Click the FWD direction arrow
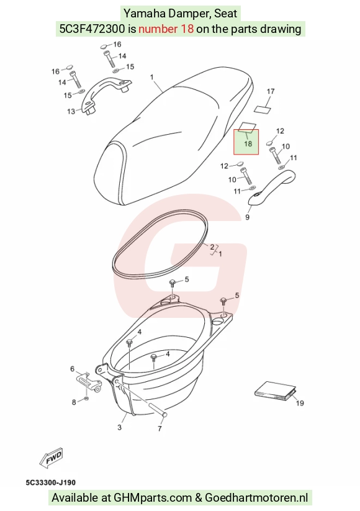51,458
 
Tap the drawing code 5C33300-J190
50,482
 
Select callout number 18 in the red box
248,143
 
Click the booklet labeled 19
276,391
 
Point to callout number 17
271,91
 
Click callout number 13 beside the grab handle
71,112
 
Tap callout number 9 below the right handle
247,217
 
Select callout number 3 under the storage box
120,427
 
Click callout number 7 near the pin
160,428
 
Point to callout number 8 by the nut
74,402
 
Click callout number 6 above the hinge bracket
73,369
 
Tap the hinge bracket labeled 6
89,382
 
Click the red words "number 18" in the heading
166,29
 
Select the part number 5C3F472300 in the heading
92,29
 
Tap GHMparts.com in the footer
153,498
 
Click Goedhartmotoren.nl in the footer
256,498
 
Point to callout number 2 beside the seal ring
212,247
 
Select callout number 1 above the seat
152,77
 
